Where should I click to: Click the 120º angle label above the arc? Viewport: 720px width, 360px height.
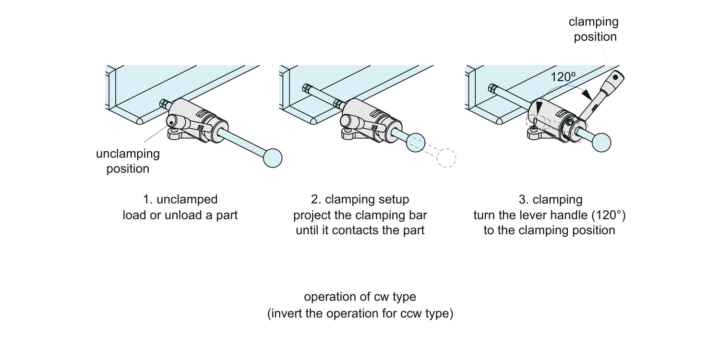[x=563, y=77]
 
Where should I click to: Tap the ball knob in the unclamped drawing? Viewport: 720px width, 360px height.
[x=273, y=158]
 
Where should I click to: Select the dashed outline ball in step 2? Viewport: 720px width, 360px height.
[x=446, y=158]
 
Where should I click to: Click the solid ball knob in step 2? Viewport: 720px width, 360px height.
[x=416, y=143]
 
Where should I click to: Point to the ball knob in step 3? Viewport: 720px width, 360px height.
[x=601, y=143]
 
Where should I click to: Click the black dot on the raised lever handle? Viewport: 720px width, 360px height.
[x=615, y=77]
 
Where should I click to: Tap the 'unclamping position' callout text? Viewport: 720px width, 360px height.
[x=128, y=161]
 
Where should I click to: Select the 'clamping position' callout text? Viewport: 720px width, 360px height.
[x=594, y=29]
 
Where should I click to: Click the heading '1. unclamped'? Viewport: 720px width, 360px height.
[x=180, y=199]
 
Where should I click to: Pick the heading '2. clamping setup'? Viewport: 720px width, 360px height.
[x=360, y=199]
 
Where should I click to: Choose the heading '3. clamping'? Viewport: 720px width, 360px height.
[x=550, y=199]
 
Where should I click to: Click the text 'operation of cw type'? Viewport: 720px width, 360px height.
[x=360, y=297]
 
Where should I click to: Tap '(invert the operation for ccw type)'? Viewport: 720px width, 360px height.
[x=360, y=313]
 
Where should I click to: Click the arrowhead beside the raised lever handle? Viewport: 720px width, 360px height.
[x=587, y=94]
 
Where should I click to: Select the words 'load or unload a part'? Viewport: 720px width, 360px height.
[x=180, y=215]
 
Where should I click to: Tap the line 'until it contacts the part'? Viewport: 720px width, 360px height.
[x=360, y=230]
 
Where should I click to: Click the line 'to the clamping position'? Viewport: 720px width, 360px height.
[x=549, y=230]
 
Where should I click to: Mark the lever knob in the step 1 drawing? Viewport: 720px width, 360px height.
[x=171, y=122]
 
